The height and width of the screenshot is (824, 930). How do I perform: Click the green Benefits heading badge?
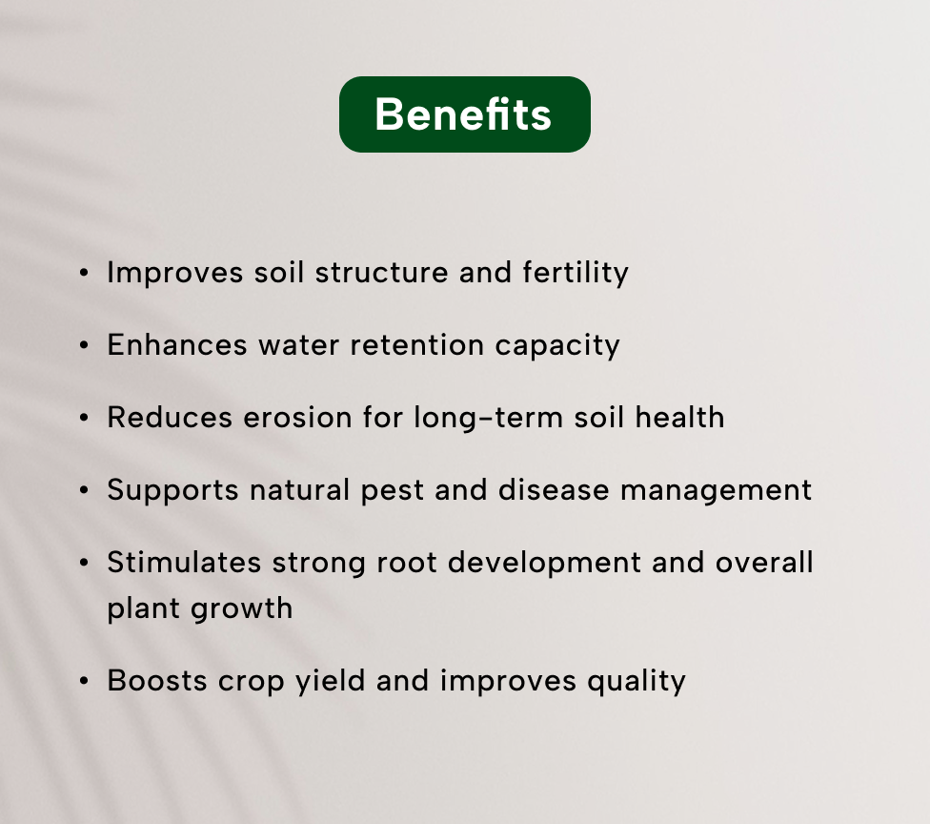(x=464, y=114)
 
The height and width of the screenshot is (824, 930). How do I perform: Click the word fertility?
(x=576, y=274)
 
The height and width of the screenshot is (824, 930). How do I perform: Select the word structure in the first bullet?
(x=381, y=273)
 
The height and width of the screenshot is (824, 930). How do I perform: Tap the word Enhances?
(x=176, y=345)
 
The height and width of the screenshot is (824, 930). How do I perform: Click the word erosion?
(x=297, y=418)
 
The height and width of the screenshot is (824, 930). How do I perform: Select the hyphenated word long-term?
(x=488, y=418)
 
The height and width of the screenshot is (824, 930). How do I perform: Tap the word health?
(x=679, y=417)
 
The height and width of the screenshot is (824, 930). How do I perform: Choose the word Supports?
(x=172, y=491)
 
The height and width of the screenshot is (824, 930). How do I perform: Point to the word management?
(x=716, y=491)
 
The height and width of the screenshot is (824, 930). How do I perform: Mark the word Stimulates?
(x=184, y=562)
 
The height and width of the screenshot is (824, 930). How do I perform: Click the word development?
(x=544, y=563)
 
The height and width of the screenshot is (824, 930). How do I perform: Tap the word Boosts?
(x=157, y=681)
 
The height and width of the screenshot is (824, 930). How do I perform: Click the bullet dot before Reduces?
(x=84, y=418)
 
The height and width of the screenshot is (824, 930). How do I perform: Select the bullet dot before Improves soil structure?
(x=84, y=273)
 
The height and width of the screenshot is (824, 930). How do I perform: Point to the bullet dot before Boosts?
(x=84, y=681)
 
